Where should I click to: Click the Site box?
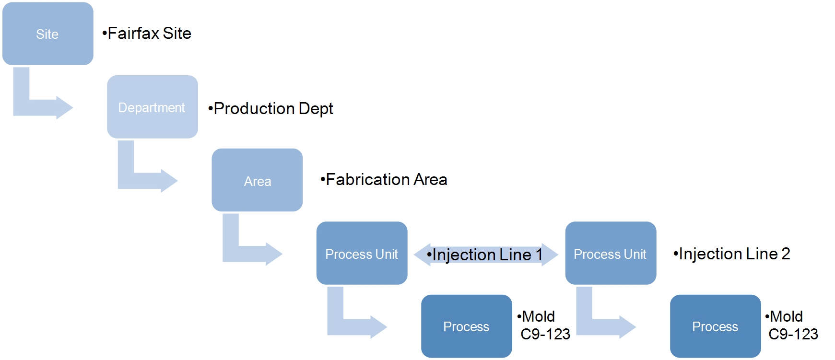point(47,34)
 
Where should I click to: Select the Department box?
point(152,107)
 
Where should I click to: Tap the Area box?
point(257,180)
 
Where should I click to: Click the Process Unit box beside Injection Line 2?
point(610,253)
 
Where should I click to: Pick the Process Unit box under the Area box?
point(362,253)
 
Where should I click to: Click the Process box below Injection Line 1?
point(466,326)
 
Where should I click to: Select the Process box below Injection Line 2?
point(715,326)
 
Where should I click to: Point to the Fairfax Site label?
point(147,34)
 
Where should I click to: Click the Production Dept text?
point(270,109)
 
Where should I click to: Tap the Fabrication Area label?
point(384,180)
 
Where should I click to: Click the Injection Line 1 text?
point(485,255)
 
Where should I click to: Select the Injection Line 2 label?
point(731,254)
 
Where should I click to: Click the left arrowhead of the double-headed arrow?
point(421,255)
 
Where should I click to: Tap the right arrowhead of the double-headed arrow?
point(551,255)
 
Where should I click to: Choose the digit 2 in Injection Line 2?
point(786,254)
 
